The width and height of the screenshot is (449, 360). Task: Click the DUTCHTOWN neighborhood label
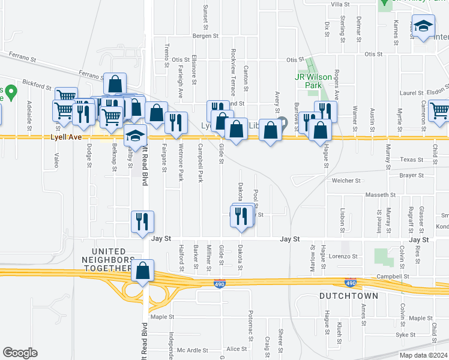click(x=348, y=296)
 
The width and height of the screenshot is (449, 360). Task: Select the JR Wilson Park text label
click(x=317, y=81)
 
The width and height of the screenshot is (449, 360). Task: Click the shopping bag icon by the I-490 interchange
click(x=143, y=271)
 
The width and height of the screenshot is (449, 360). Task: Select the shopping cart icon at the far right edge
click(x=440, y=111)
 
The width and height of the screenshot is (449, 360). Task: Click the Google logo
click(x=20, y=352)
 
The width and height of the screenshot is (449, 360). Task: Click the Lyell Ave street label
click(x=65, y=137)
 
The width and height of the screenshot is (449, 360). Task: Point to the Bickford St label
click(x=38, y=86)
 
